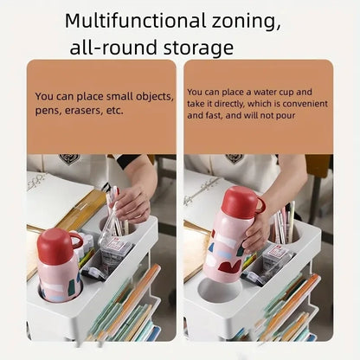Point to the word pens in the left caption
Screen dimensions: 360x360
point(47,111)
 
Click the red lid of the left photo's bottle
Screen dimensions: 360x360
point(60,246)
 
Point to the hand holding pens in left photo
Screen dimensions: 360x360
point(132,204)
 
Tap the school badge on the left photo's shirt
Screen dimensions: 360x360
point(68,159)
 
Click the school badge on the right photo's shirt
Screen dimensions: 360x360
point(234,159)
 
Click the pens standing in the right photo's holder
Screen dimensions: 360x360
point(283,222)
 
